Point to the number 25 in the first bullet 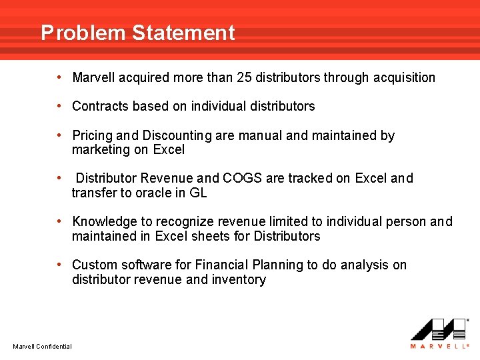(244, 77)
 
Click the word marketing (101, 150)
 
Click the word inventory (239, 280)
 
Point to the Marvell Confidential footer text (42, 346)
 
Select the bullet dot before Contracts (60, 106)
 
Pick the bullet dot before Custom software (60, 265)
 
